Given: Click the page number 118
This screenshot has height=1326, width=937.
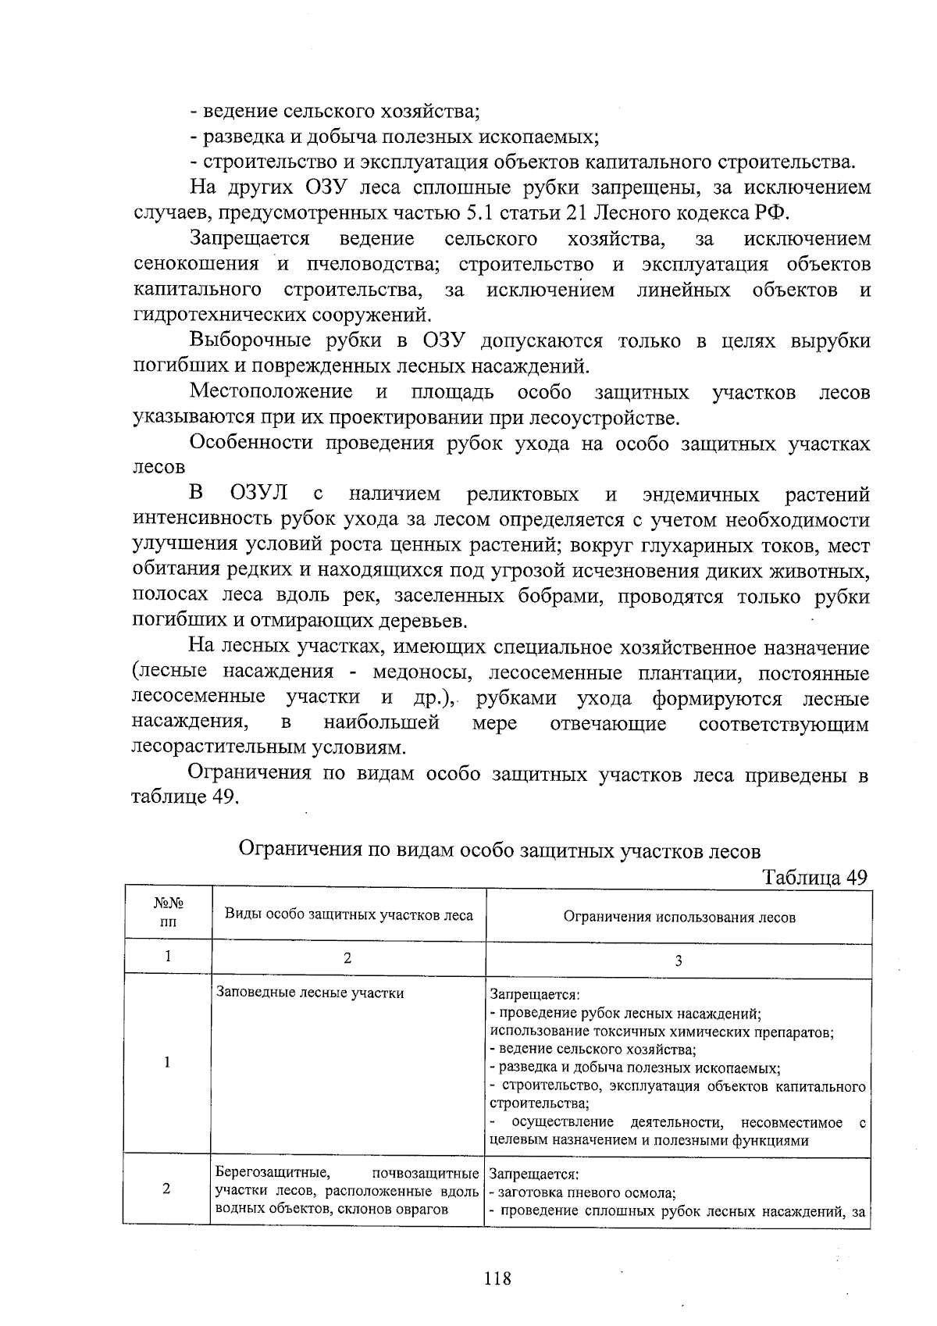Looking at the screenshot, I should tap(497, 1279).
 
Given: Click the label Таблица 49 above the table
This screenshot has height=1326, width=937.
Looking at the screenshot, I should tap(814, 877).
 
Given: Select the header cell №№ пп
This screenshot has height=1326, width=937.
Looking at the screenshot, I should tap(168, 913).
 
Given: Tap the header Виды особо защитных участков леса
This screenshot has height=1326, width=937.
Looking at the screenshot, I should tap(349, 914).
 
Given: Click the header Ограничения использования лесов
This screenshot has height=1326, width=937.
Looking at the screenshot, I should tap(679, 918).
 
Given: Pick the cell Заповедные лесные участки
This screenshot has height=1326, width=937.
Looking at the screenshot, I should tap(310, 993).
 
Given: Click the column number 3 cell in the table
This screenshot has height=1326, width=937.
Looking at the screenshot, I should tap(678, 961).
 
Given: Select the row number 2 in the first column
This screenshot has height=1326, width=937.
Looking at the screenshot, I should tap(166, 1189).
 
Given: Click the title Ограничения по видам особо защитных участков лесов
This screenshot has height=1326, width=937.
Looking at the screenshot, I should tap(498, 850).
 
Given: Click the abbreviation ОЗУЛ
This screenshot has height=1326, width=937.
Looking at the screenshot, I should tap(261, 494).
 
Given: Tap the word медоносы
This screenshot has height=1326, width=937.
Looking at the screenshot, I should tap(419, 672).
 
